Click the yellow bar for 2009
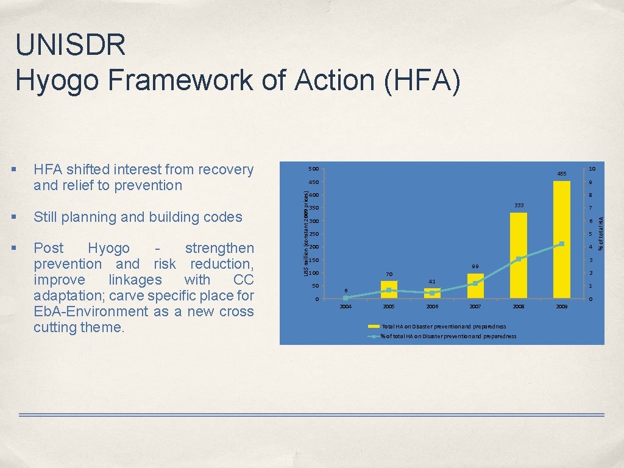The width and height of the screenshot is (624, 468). click(x=562, y=239)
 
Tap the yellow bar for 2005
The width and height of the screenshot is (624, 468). click(x=389, y=289)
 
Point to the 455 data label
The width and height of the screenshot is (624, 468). click(x=562, y=174)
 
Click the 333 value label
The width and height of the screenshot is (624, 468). click(x=519, y=205)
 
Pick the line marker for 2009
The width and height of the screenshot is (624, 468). click(x=562, y=244)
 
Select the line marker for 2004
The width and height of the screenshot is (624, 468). click(x=346, y=297)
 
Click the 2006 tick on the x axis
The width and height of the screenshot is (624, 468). click(x=432, y=307)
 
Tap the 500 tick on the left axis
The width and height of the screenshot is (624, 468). click(x=313, y=169)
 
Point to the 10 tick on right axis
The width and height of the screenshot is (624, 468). click(x=591, y=169)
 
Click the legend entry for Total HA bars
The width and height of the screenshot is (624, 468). click(x=444, y=327)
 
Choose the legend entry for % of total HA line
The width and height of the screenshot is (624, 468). click(x=447, y=336)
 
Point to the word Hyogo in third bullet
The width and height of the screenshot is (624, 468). click(x=108, y=249)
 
